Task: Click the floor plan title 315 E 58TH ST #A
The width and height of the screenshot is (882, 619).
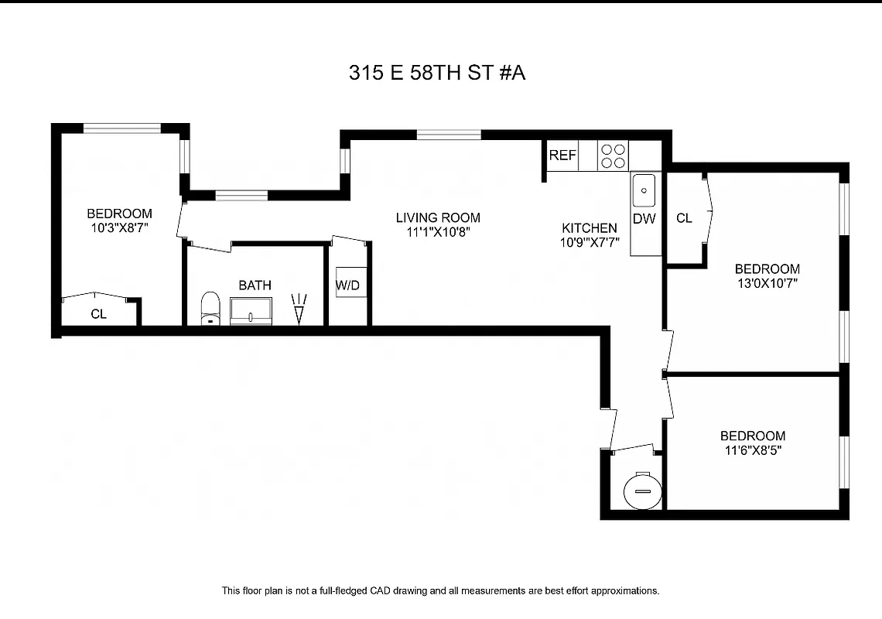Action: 437,74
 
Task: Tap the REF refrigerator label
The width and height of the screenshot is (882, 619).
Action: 562,156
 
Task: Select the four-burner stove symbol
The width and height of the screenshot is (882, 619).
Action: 614,156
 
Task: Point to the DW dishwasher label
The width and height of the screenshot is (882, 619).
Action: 644,219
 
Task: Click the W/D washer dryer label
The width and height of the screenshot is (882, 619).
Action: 347,286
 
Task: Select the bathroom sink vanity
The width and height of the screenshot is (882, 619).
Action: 251,311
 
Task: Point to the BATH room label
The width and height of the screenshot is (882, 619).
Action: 255,286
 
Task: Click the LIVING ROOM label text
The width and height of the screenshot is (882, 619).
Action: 438,217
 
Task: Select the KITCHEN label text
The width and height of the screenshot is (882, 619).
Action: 590,227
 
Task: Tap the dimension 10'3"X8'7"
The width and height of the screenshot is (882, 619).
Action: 119,227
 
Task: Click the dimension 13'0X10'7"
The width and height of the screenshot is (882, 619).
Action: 767,282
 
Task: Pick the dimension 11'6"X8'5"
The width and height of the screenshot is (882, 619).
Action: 752,450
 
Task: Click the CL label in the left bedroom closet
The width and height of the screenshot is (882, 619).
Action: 98,314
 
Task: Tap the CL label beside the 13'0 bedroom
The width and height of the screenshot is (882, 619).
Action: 684,218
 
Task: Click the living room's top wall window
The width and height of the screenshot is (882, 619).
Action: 449,135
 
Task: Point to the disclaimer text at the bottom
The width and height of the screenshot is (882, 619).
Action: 440,590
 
